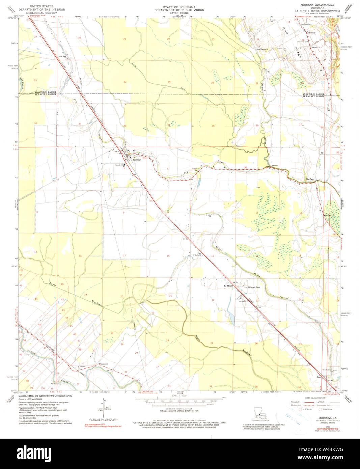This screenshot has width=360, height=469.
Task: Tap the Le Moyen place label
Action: pos(229,286)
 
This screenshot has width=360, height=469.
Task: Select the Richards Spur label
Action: pos(254,287)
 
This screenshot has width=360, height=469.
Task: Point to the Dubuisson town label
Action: pos(104,364)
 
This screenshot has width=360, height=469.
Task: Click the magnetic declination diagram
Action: pos(103,408)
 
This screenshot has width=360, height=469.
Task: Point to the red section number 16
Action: pos(168,256)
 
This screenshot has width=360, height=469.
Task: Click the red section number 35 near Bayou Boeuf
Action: pos(213,126)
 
